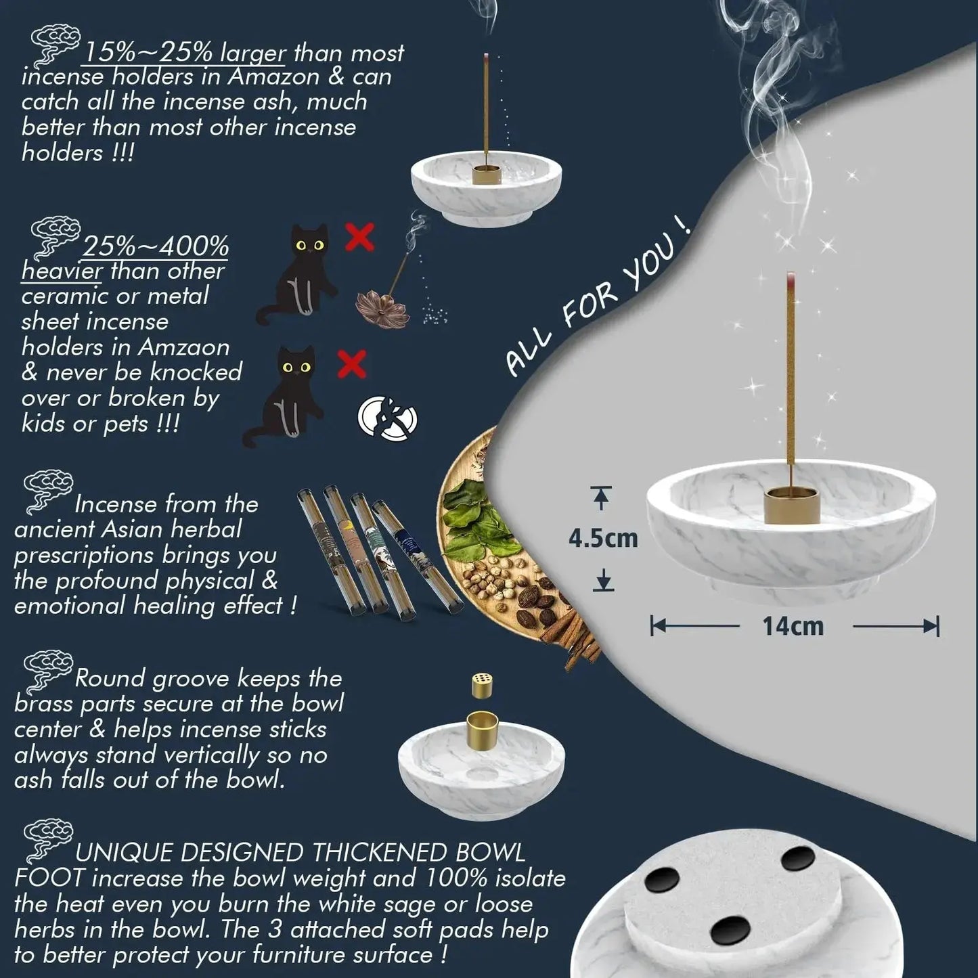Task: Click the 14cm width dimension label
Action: (793, 626)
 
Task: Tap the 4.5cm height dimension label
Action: (603, 539)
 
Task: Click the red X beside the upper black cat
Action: (360, 236)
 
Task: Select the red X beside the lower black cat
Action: (352, 363)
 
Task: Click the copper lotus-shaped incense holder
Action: (376, 307)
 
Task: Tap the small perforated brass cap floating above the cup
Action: (482, 685)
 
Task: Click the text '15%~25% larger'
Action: (184, 52)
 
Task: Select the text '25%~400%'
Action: (155, 246)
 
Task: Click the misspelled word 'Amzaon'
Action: (184, 348)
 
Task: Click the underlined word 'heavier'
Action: (62, 271)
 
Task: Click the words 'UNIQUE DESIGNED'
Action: (189, 853)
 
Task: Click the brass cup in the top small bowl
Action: (486, 176)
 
